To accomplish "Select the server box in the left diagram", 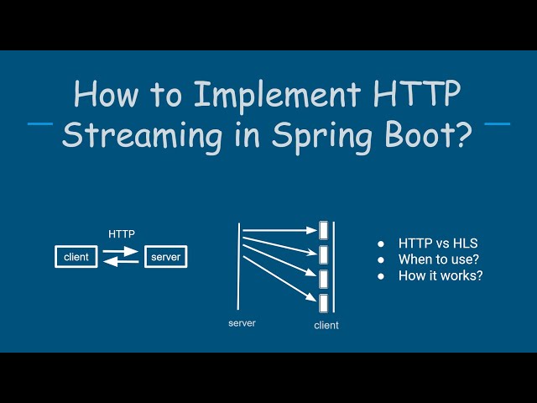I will point(165,257).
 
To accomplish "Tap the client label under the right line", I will point(326,325).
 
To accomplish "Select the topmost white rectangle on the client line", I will point(323,228).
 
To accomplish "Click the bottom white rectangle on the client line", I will point(323,301).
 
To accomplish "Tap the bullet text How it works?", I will point(441,275).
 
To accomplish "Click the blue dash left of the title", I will point(40,124).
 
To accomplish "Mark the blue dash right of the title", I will point(497,124).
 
